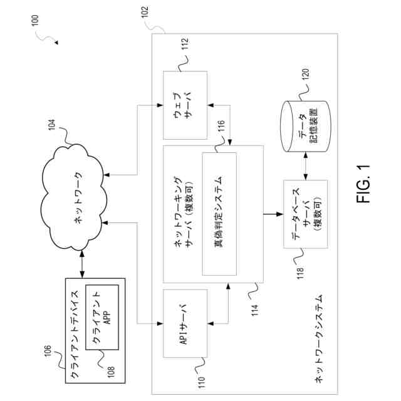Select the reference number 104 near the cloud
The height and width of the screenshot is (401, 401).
53,129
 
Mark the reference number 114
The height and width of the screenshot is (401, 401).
255,303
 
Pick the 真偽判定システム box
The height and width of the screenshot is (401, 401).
219,214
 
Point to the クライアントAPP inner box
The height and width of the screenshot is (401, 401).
102,316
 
